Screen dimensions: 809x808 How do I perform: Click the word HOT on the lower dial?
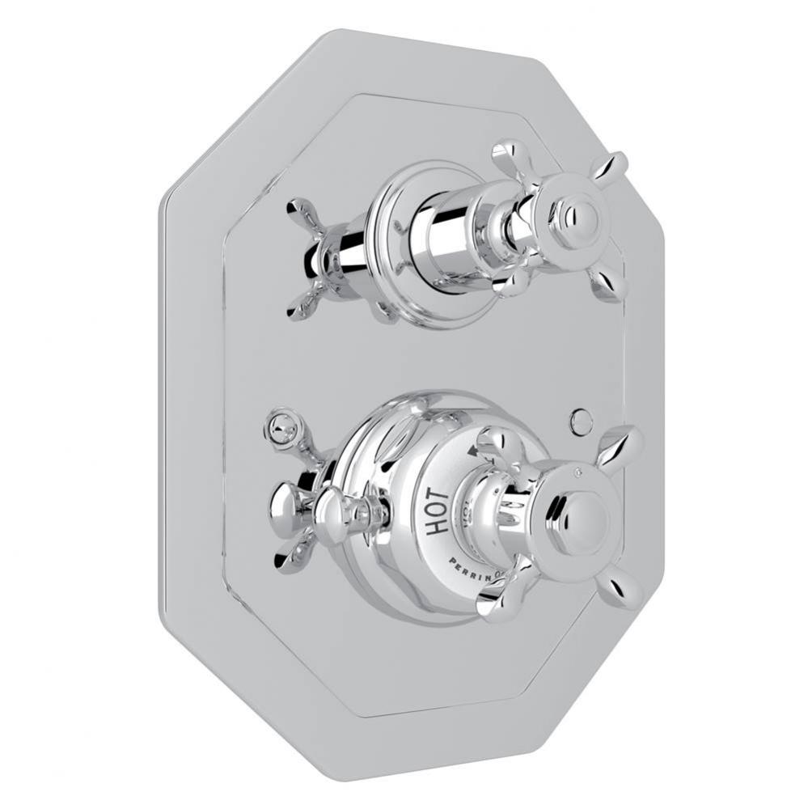(438, 512)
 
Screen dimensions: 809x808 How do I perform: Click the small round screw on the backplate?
(581, 419)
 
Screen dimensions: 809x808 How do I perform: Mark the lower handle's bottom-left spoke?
(496, 599)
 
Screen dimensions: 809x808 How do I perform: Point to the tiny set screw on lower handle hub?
(577, 471)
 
